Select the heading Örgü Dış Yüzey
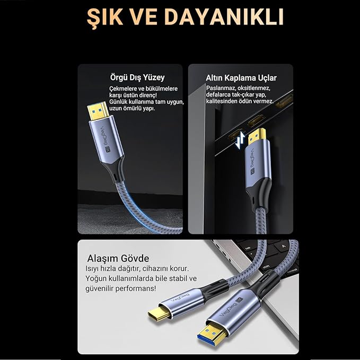click(137, 77)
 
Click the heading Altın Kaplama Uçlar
click(241, 78)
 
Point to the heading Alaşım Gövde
click(118, 259)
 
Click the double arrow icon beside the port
click(240, 139)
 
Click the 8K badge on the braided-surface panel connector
click(108, 148)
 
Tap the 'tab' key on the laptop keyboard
click(248, 248)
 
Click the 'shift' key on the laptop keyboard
click(266, 267)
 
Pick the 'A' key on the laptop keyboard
click(284, 246)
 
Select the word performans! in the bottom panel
click(136, 288)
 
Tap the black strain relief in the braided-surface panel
click(116, 169)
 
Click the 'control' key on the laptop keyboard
click(292, 271)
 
